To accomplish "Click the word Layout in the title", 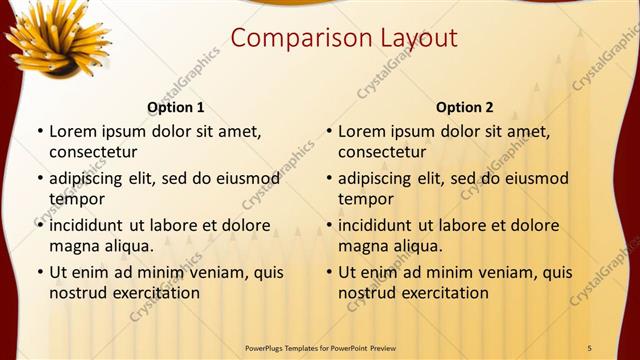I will click(x=417, y=39).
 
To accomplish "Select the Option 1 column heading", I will click(x=176, y=107).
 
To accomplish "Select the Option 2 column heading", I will click(x=465, y=107).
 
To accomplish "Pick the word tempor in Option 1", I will click(x=75, y=199).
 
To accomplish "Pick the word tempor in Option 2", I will click(x=364, y=199).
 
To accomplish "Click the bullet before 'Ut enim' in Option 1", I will click(x=39, y=272).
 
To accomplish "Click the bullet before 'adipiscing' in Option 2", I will click(x=328, y=179).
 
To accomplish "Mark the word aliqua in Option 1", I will click(x=126, y=246).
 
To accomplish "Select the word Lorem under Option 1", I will click(x=70, y=131).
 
